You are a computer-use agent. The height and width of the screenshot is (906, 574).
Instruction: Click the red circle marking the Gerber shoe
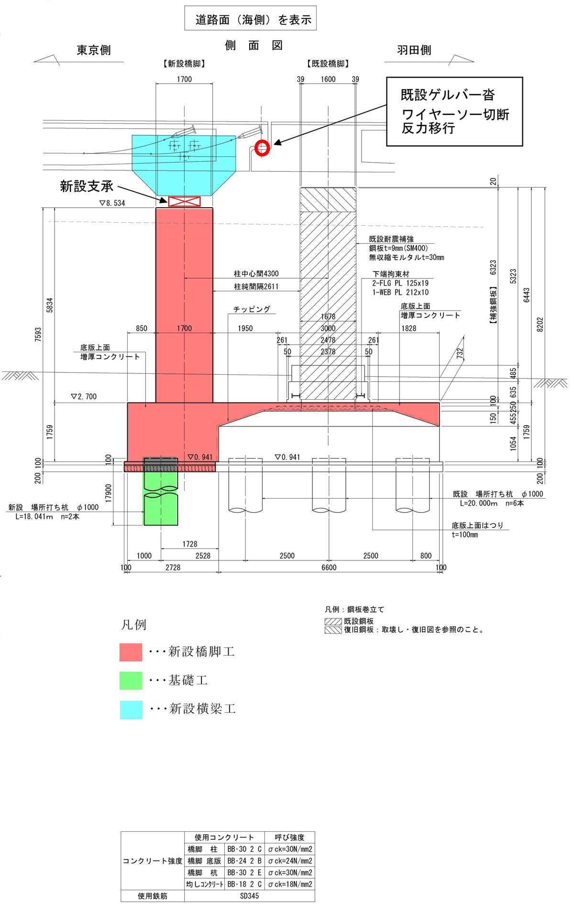pos(262,148)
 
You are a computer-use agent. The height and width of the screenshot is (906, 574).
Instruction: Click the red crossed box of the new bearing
pos(184,201)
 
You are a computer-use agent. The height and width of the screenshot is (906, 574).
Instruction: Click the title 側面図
pos(254,45)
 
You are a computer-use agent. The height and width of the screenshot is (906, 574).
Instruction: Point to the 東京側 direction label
pos(94,50)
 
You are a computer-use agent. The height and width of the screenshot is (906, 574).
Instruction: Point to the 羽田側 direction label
pos(414,50)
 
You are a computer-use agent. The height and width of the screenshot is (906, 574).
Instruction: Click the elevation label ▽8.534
pos(112,203)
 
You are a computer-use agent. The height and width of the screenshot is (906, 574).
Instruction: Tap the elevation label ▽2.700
pos(84,397)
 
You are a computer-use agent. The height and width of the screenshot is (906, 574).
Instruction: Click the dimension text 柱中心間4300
pos(256,274)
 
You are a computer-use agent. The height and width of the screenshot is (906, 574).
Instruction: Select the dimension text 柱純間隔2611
pos(256,287)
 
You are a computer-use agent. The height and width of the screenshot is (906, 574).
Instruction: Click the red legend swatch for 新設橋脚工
pos(131,652)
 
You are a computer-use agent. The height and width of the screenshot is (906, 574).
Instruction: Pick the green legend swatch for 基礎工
pos(131,681)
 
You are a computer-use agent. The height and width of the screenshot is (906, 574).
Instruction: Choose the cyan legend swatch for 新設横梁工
pos(131,709)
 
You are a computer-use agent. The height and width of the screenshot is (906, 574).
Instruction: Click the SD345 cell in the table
pos(249,896)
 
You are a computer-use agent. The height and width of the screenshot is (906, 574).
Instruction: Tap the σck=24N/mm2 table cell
pos(290,861)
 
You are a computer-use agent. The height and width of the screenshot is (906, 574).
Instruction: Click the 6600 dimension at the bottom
pos(329,568)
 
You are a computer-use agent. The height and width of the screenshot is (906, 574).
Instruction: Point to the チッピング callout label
pos(252,310)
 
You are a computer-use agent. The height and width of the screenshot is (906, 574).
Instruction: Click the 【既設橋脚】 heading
pos(328,64)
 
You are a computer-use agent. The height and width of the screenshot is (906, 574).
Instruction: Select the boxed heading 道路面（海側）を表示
pos(251,20)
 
